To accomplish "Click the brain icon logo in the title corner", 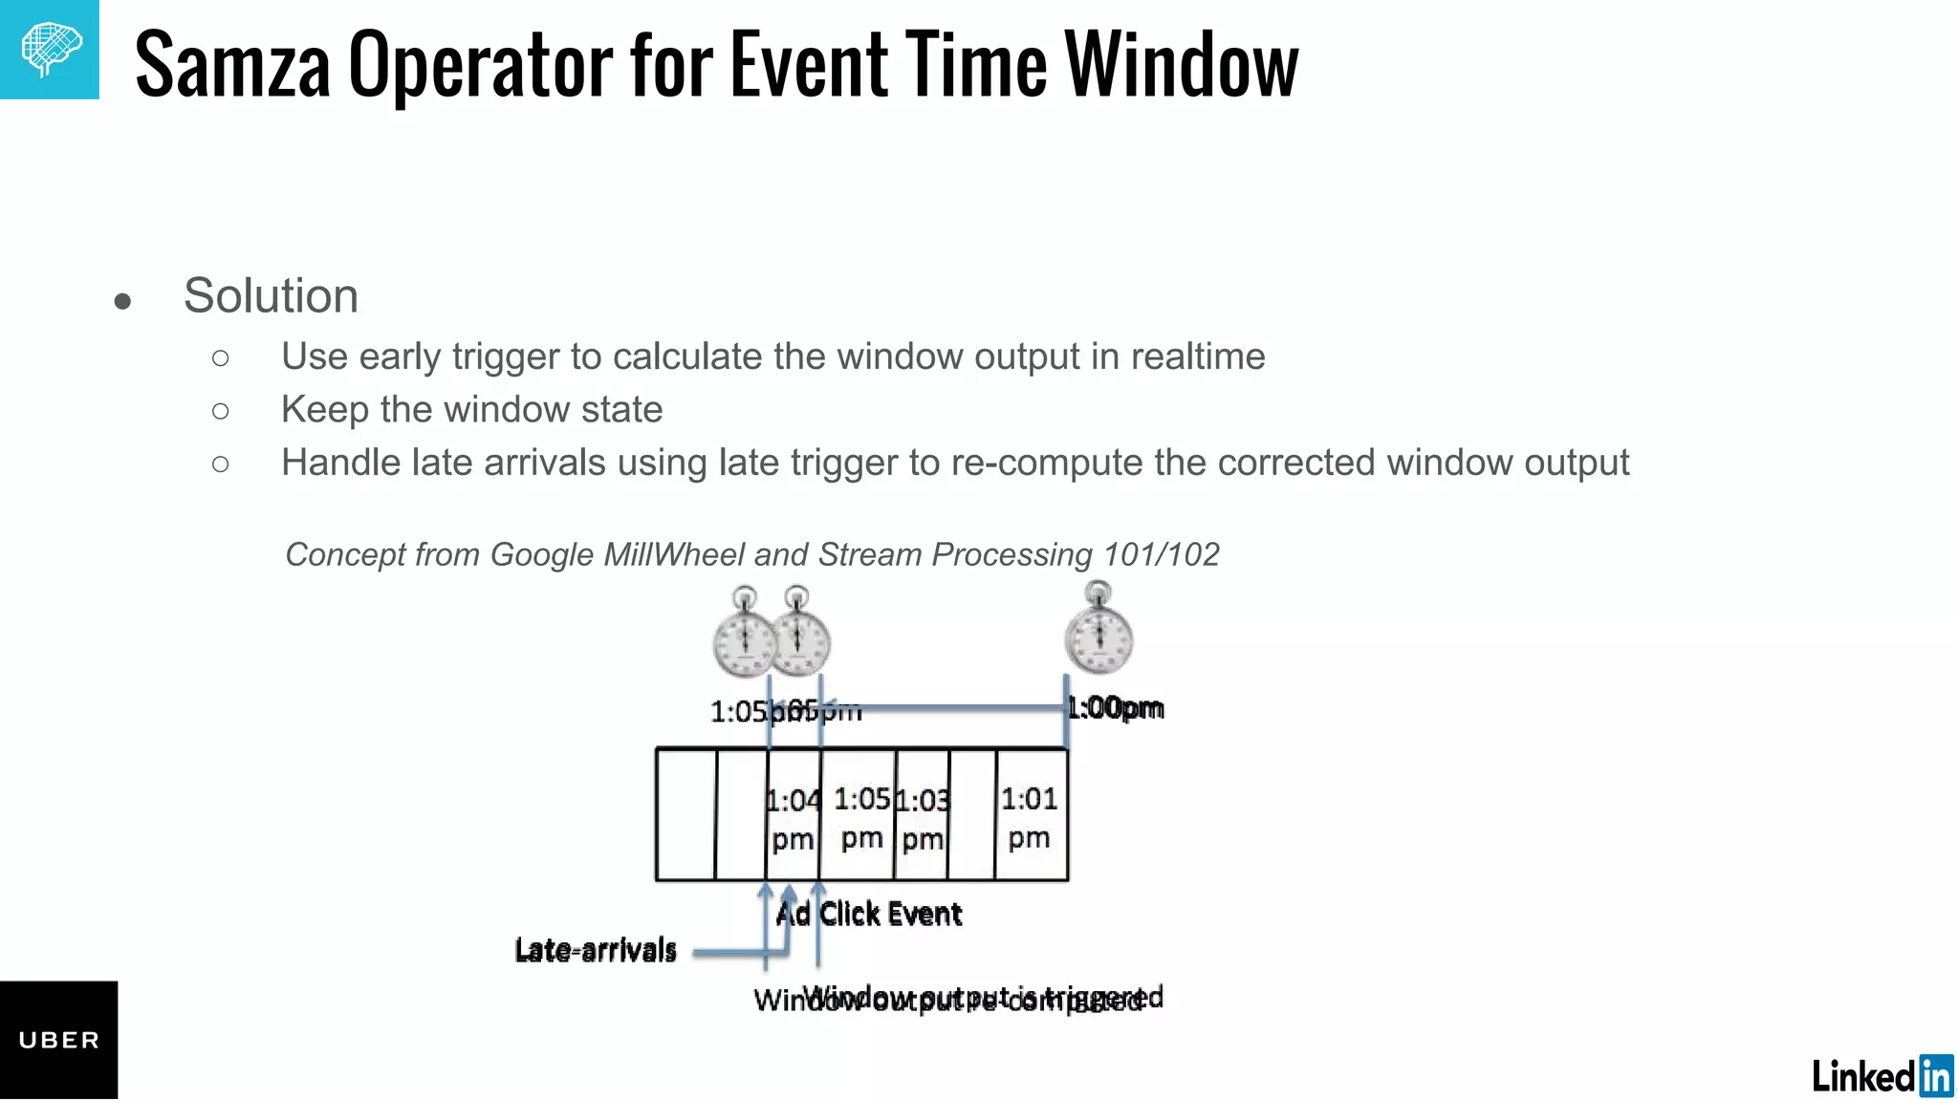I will pyautogui.click(x=50, y=49).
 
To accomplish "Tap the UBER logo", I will pyautogui.click(x=58, y=1040).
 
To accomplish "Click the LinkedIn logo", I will pyautogui.click(x=1882, y=1076).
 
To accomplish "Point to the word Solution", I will pyautogui.click(x=271, y=295).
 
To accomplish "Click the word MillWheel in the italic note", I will pyautogui.click(x=673, y=554).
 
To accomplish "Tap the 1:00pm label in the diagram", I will pyautogui.click(x=1116, y=708).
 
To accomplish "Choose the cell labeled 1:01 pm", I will pyautogui.click(x=1030, y=816).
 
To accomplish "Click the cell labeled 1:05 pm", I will pyautogui.click(x=860, y=816).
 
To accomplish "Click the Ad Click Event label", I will pyautogui.click(x=869, y=914).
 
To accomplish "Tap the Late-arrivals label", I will pyautogui.click(x=595, y=950).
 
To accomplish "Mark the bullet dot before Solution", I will pyautogui.click(x=122, y=302).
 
